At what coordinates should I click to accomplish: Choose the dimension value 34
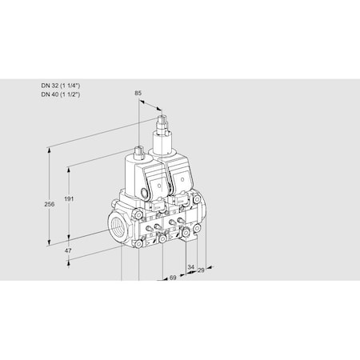click(190, 266)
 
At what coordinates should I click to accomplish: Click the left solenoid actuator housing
click(144, 178)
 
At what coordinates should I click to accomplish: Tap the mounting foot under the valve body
click(191, 234)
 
